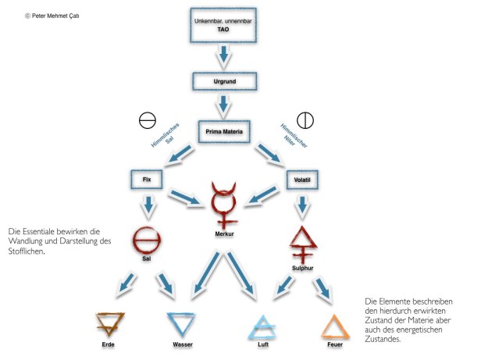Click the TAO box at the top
point(225,25)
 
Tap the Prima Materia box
point(225,131)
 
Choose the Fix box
point(147,179)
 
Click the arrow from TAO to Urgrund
point(225,55)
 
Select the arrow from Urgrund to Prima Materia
point(225,104)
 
